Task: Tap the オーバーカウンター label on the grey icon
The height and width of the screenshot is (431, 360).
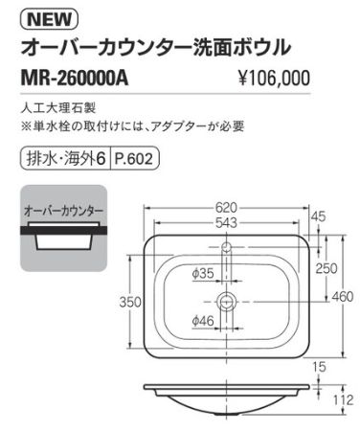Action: pos(64,208)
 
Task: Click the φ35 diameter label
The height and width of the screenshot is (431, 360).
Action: pos(203,275)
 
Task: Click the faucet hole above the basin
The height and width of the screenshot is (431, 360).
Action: pos(227,248)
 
